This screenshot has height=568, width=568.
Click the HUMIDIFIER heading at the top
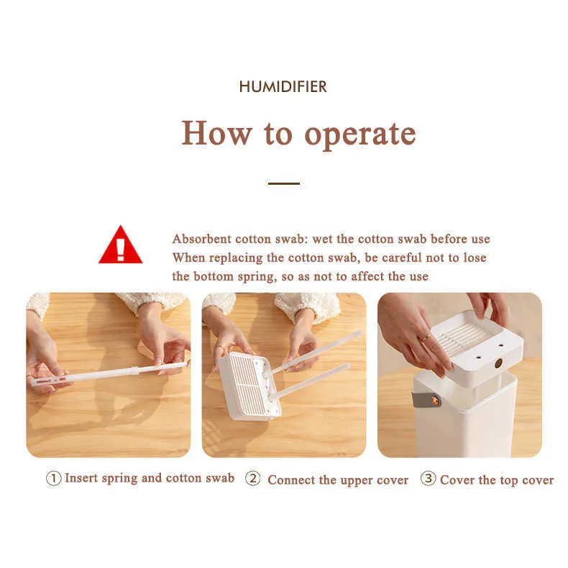283,86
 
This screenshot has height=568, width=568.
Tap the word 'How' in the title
216,133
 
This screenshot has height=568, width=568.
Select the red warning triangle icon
120,245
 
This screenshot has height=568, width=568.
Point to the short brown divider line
283,183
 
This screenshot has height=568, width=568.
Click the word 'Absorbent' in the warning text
202,239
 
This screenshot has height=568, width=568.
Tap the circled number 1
53,479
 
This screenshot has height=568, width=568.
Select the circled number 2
253,478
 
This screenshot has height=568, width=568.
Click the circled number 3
429,478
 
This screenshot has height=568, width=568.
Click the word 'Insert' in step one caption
81,478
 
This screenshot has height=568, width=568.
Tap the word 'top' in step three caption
509,481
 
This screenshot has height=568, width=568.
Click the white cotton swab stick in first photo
109,373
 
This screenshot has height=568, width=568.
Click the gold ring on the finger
426,338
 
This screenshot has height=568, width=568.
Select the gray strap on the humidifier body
426,399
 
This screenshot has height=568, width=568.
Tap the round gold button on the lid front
498,363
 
